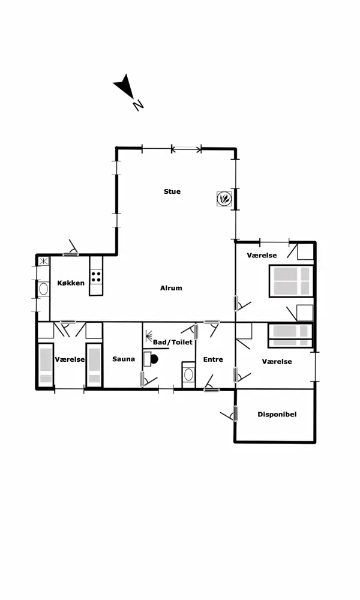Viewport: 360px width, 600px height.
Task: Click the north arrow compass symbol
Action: pos(127,91)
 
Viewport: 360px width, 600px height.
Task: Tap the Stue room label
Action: pos(172,192)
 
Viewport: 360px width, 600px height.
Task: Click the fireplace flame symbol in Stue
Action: pos(223,198)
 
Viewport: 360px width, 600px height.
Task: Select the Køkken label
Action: pos(71,283)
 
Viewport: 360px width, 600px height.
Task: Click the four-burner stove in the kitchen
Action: pos(97,276)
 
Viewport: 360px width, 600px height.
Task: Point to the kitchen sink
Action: pos(43,289)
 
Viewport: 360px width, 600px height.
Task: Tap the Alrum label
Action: pos(171,288)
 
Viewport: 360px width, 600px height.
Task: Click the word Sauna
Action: pos(124,359)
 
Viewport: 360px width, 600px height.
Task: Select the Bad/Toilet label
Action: pos(173,342)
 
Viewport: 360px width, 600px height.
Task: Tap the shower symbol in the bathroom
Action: pos(149,336)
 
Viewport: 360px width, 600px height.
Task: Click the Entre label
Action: pos(213,359)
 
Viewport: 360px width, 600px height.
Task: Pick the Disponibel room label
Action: pos(277,415)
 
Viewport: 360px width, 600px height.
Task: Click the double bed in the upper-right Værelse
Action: pos(292,281)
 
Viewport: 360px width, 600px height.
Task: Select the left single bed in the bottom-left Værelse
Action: pos(46,366)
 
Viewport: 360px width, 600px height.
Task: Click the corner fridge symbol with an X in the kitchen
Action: pos(44,262)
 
